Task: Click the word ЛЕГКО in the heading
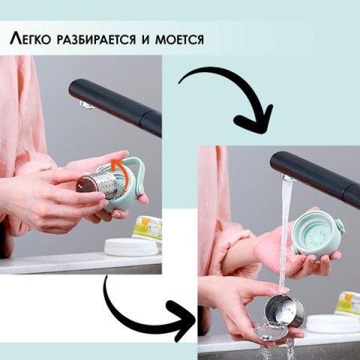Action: [x=31, y=39]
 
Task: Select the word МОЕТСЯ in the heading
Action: [x=179, y=40]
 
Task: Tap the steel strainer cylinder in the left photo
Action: [x=95, y=185]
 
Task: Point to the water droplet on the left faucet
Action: [x=84, y=104]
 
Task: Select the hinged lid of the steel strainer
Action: [x=268, y=331]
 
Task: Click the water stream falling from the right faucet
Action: [x=284, y=232]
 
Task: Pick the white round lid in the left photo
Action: [x=132, y=247]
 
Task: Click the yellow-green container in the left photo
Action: [x=148, y=228]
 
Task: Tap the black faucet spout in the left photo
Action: [x=115, y=108]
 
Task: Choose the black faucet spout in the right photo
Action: [x=315, y=177]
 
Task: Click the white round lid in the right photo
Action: [x=333, y=325]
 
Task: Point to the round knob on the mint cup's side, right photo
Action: [x=340, y=224]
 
